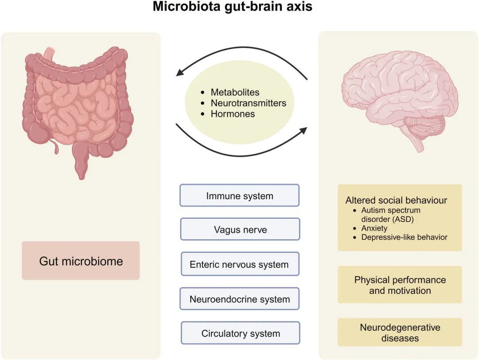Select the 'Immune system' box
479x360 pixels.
click(239, 196)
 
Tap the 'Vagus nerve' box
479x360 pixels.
click(240, 230)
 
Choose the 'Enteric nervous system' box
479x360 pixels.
click(239, 265)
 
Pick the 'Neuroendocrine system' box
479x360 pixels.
click(239, 299)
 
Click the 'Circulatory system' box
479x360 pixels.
click(240, 333)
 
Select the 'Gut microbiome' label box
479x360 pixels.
click(81, 261)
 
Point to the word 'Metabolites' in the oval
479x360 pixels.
click(235, 92)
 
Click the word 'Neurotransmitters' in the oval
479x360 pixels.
click(248, 103)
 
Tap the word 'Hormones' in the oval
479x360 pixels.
click(233, 114)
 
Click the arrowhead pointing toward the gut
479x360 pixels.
click(180, 73)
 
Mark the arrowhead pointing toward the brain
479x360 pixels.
click(303, 131)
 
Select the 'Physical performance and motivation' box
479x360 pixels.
click(400, 285)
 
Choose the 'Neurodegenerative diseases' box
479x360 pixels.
click(400, 332)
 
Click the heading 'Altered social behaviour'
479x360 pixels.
click(397, 200)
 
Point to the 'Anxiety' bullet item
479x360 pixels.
click(374, 228)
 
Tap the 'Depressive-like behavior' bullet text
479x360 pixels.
click(404, 237)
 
